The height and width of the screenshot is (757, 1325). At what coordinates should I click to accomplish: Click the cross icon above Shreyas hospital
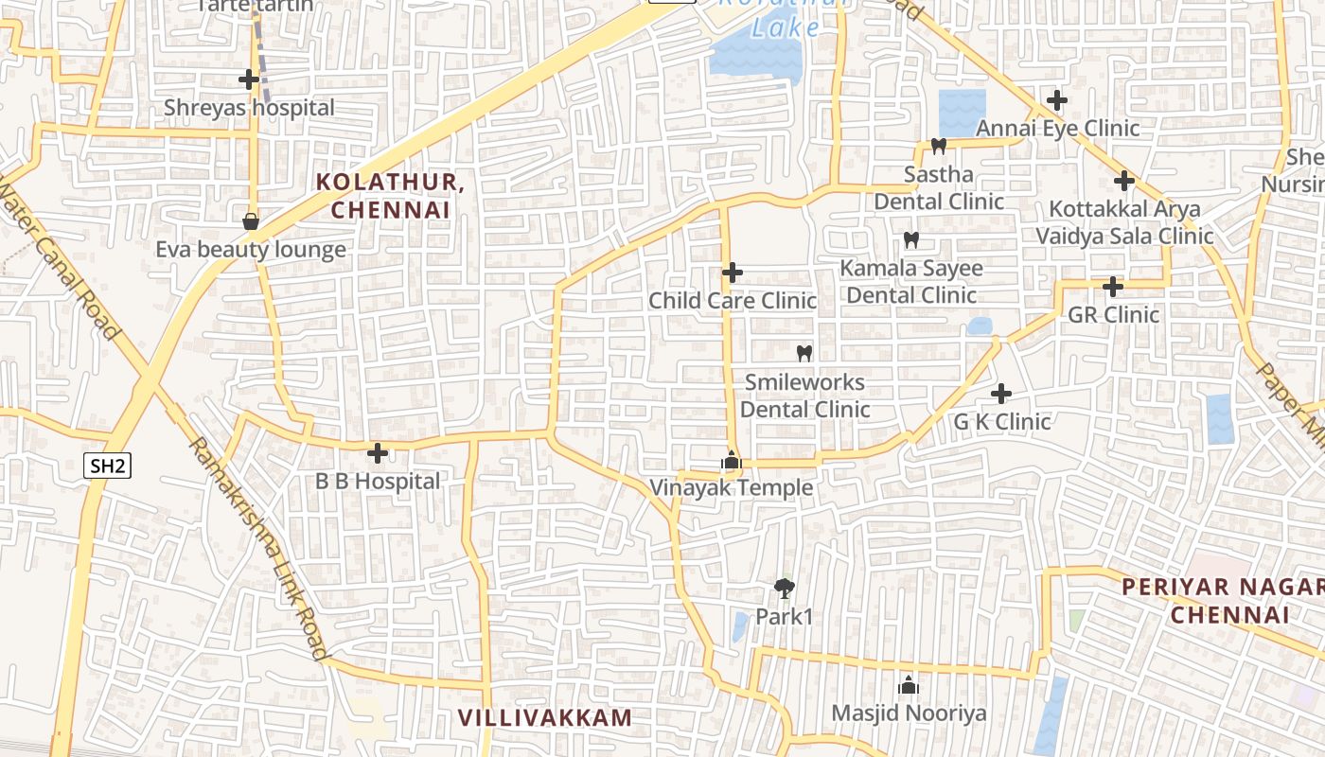tap(249, 79)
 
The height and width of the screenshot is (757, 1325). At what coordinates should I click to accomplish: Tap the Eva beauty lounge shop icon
tap(251, 221)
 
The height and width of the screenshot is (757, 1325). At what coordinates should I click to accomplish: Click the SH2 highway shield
tap(107, 466)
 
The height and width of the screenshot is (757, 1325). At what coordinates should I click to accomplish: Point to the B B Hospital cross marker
tap(378, 453)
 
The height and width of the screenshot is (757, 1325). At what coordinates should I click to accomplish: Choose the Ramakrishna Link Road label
tap(257, 549)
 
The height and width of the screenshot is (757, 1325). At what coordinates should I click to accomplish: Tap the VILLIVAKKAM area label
tap(544, 717)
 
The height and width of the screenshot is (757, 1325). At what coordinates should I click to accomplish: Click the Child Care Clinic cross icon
tap(733, 273)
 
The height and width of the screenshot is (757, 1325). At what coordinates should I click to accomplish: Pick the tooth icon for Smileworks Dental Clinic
tap(804, 353)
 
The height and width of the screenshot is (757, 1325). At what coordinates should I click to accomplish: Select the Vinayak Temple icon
tap(731, 461)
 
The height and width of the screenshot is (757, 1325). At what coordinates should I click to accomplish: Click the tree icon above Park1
tap(784, 589)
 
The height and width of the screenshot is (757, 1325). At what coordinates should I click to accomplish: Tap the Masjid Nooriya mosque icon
tap(909, 685)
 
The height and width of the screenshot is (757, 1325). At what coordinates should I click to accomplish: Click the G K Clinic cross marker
tap(1001, 394)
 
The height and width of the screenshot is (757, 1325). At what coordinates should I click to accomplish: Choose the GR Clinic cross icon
tap(1113, 286)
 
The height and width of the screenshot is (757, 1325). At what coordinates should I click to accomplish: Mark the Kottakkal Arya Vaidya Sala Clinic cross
tap(1124, 181)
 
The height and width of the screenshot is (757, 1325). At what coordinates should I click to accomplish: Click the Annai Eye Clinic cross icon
tap(1057, 99)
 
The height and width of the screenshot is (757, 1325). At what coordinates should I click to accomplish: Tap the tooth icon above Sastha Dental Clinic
tap(939, 146)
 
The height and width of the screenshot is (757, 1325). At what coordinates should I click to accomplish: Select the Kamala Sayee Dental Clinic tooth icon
tap(911, 239)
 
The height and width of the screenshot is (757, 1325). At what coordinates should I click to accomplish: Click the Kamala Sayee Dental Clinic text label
tap(911, 282)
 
